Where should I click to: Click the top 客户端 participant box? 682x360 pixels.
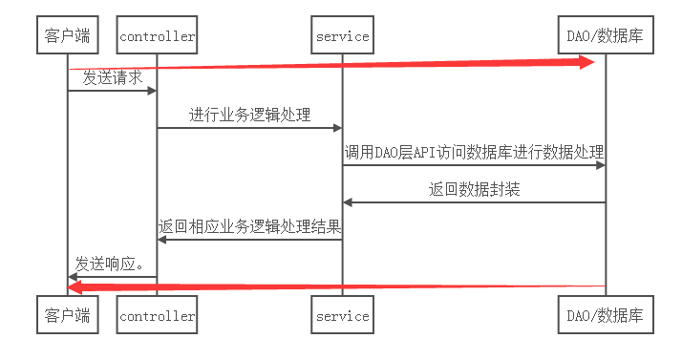click(x=67, y=36)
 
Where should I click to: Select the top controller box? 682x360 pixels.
click(x=157, y=36)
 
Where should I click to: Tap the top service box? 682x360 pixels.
click(x=342, y=36)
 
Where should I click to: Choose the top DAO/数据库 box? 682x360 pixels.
click(x=605, y=36)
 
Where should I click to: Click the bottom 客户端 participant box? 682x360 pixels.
click(x=67, y=315)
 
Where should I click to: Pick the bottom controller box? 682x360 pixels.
click(x=157, y=315)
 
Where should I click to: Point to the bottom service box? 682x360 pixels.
click(x=342, y=315)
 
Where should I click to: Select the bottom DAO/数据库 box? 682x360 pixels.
click(x=605, y=315)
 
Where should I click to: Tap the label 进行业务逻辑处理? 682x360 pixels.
click(x=249, y=116)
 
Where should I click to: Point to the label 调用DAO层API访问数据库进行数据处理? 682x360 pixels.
click(x=474, y=153)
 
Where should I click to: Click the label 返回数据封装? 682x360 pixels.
click(x=474, y=190)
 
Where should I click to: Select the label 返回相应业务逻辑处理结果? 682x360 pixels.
click(x=249, y=227)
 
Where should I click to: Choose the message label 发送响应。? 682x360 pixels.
click(x=112, y=264)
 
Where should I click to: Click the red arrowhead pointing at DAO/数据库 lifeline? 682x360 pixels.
click(x=586, y=61)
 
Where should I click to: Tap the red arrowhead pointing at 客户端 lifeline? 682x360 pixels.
click(x=76, y=286)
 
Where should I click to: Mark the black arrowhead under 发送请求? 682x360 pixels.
click(x=151, y=91)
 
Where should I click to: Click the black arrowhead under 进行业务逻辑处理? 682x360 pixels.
click(x=336, y=128)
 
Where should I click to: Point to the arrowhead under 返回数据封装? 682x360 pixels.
click(x=349, y=202)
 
